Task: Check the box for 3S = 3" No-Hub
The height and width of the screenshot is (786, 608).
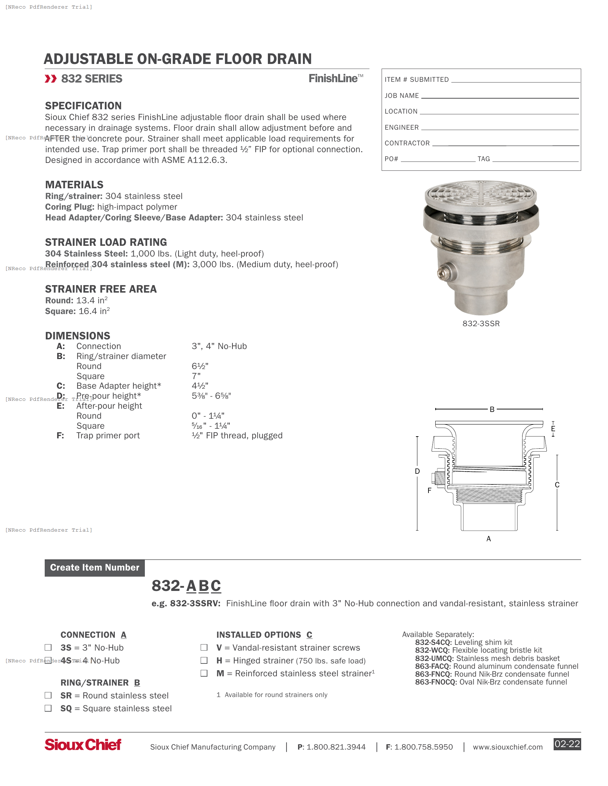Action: [48, 647]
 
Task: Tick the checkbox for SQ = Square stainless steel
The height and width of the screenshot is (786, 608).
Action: [48, 708]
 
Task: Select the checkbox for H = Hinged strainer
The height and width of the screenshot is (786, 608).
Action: [204, 660]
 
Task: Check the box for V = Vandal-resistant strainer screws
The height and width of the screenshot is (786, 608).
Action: [204, 647]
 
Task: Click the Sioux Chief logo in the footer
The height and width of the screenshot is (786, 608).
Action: [83, 745]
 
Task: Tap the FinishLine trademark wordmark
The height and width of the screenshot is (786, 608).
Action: [335, 79]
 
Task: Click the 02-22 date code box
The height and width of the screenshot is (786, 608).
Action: [567, 744]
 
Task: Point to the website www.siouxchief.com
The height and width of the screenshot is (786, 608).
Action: [508, 747]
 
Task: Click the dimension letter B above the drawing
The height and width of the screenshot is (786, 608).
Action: [492, 409]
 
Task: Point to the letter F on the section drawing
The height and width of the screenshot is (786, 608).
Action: [429, 491]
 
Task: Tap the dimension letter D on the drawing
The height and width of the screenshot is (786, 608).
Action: [417, 472]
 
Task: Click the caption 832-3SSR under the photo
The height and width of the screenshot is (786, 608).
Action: [481, 324]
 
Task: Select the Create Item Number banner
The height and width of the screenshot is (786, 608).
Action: [95, 568]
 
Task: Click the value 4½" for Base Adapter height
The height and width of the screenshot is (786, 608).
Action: [200, 386]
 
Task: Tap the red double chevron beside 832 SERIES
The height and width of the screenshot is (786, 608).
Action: [51, 79]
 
